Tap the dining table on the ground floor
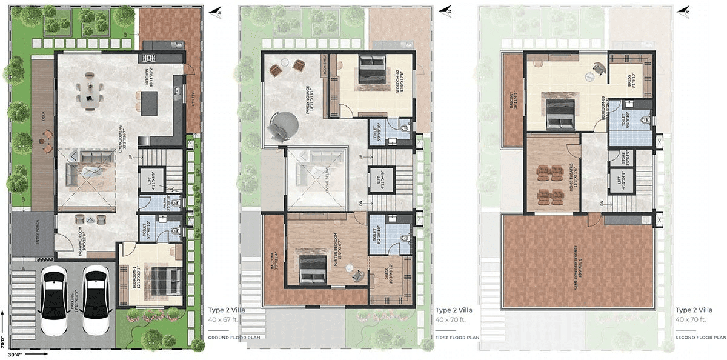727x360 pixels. (89, 91)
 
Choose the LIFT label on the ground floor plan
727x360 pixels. (145, 181)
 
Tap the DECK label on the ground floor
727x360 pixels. (43, 116)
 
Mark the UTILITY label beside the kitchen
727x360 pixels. (193, 96)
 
